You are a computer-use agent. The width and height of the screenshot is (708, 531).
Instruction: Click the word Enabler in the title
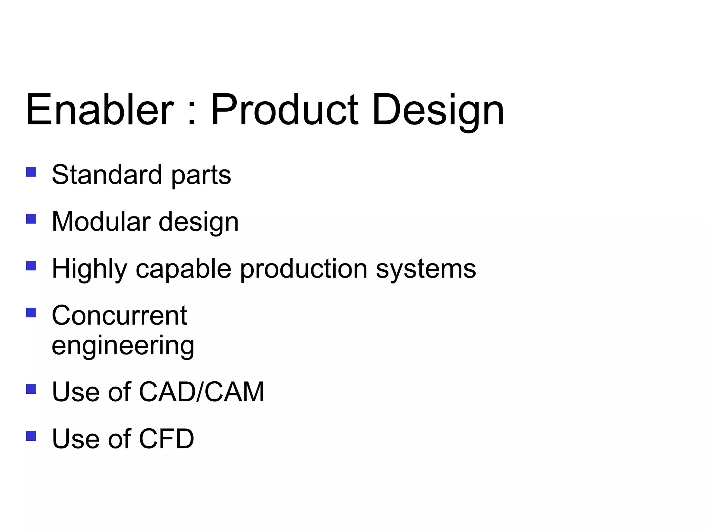coord(100,110)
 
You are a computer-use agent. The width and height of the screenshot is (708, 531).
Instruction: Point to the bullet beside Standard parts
coord(31,172)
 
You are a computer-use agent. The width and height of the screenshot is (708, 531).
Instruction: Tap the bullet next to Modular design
coord(31,219)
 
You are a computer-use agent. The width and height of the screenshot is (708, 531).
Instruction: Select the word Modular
coord(101,222)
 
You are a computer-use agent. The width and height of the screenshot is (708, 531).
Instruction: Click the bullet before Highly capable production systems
coord(31,265)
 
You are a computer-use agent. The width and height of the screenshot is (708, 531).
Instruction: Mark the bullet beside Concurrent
coord(31,313)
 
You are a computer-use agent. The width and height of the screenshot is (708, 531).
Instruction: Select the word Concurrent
coord(119,316)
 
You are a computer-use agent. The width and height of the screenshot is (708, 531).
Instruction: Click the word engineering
coord(123,346)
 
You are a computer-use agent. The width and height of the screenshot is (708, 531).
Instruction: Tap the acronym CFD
coord(166,439)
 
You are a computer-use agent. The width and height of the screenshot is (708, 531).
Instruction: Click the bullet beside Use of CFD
coord(31,436)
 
